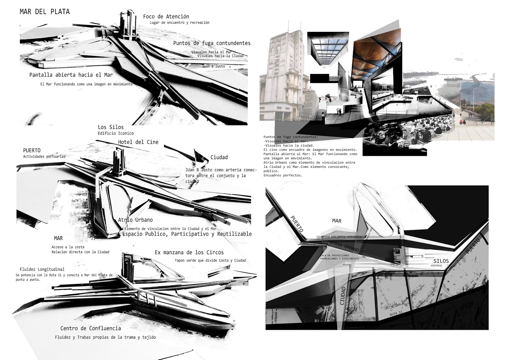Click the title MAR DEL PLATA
pyautogui.click(x=45, y=12)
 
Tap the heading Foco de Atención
pyautogui.click(x=166, y=17)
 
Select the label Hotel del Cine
pyautogui.click(x=138, y=142)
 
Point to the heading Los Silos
pyautogui.click(x=111, y=127)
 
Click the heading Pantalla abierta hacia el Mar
pyautogui.click(x=71, y=75)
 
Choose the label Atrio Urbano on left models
pyautogui.click(x=135, y=220)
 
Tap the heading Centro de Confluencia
pyautogui.click(x=91, y=328)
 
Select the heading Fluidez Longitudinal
pyautogui.click(x=42, y=269)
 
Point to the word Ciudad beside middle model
pyautogui.click(x=219, y=157)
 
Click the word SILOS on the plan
pyautogui.click(x=441, y=261)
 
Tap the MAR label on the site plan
pyautogui.click(x=337, y=221)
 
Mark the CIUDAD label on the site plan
pyautogui.click(x=343, y=296)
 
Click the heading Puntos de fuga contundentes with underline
pyautogui.click(x=212, y=43)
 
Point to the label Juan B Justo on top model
pyautogui.click(x=213, y=66)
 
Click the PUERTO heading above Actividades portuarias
pyautogui.click(x=32, y=150)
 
